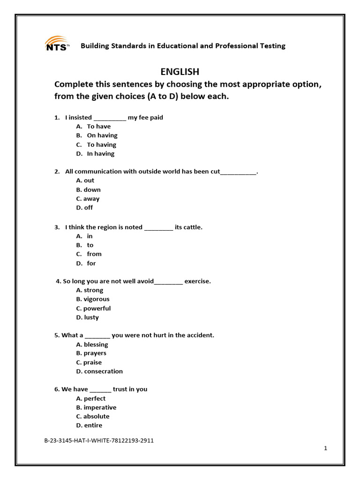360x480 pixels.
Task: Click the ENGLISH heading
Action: click(180, 72)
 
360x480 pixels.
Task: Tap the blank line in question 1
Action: click(110, 118)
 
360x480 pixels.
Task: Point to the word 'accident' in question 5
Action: click(199, 335)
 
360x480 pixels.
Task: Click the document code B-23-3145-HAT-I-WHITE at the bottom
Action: click(99, 441)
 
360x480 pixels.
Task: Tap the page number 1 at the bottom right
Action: click(325, 448)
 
